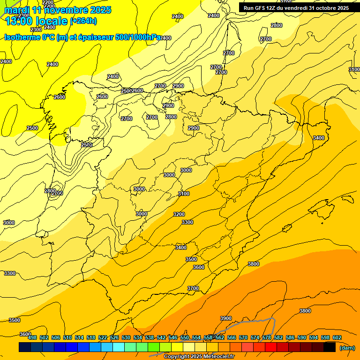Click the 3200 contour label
(x=179, y=214)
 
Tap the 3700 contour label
(x=193, y=288)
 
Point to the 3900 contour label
(x=226, y=319)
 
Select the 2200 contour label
(x=48, y=2)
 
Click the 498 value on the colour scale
(x=32, y=337)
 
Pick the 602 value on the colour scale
(x=337, y=337)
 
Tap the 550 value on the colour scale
(x=185, y=337)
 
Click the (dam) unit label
(x=347, y=347)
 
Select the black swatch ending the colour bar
(x=330, y=347)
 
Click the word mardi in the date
(x=17, y=10)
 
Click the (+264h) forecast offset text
(x=83, y=21)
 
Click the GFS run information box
(x=296, y=8)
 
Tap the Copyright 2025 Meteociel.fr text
(x=199, y=357)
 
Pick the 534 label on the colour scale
(x=138, y=337)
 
